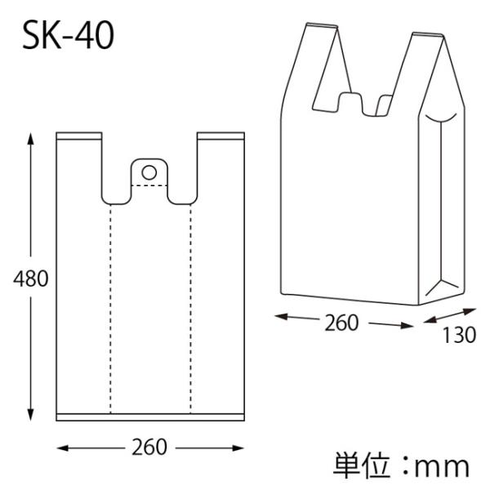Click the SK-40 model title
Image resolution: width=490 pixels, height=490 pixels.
coord(69,36)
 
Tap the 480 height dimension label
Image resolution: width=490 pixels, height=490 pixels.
coord(31,278)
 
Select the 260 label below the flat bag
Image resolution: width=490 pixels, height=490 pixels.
coord(149,448)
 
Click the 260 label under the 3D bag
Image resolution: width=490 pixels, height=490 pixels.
coord(341,323)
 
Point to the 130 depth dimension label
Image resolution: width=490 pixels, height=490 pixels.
coord(459,335)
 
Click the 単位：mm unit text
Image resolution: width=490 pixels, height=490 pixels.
coord(401,467)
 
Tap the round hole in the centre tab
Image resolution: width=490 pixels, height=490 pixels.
coord(149,172)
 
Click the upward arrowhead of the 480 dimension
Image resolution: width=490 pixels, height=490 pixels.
coord(30,139)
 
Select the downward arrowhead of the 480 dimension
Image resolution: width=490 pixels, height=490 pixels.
coord(30,414)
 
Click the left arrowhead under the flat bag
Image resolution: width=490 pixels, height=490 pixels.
coord(63,448)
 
